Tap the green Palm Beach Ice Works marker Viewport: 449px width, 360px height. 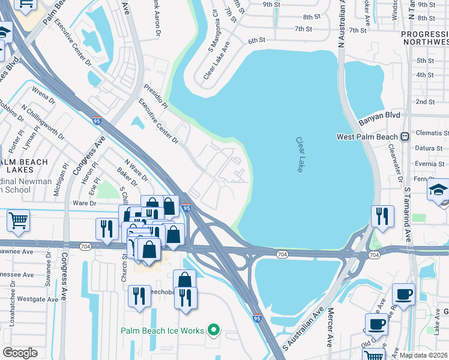[x=212, y=330]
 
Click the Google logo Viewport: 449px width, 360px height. [x=20, y=353]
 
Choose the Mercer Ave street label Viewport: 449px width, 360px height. [x=330, y=328]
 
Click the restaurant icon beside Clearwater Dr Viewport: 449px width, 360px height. [x=382, y=216]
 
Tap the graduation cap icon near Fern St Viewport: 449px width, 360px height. [x=438, y=191]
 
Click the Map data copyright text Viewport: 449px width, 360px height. [x=423, y=355]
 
